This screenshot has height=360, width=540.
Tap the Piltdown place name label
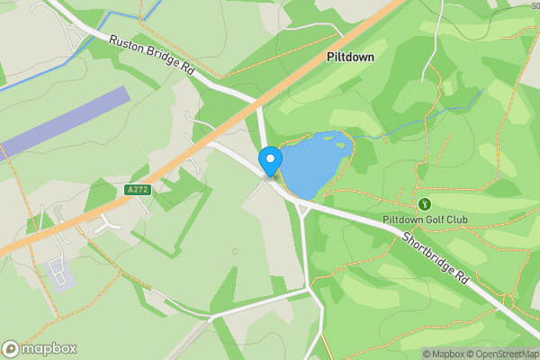click(x=350, y=56)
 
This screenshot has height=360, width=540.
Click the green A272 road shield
click(x=137, y=190)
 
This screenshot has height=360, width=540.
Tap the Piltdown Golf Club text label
click(x=425, y=220)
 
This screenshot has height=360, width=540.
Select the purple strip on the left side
click(x=63, y=121)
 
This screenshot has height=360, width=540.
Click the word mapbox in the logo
click(x=49, y=349)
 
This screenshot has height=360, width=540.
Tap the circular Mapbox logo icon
click(x=11, y=349)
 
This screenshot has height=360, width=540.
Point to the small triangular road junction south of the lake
click(x=304, y=209)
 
